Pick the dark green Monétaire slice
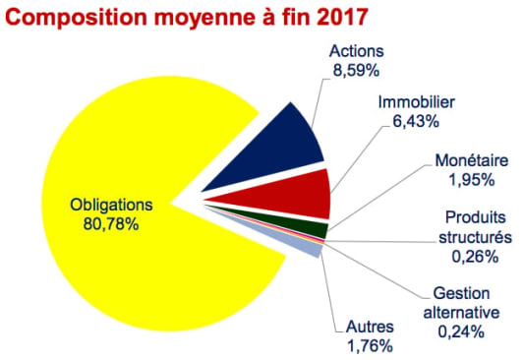315,230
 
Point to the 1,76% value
371,344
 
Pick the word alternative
460,312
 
